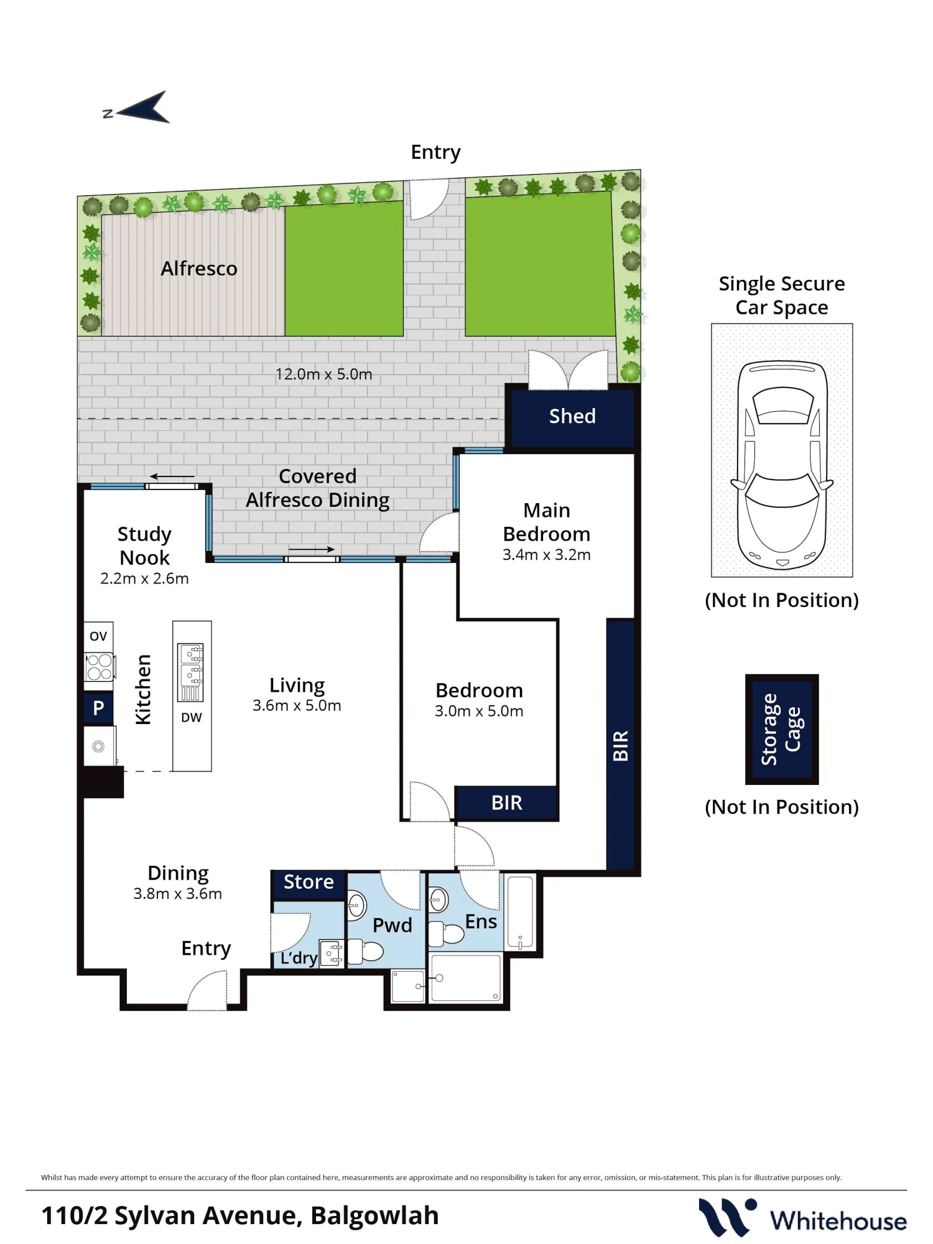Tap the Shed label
pyautogui.click(x=572, y=416)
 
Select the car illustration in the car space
pyautogui.click(x=782, y=465)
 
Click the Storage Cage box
pyautogui.click(x=782, y=729)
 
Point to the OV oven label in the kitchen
pyautogui.click(x=98, y=636)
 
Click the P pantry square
pyautogui.click(x=98, y=708)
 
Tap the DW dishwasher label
pyautogui.click(x=192, y=717)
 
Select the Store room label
pyautogui.click(x=309, y=882)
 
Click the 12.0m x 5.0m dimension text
pyautogui.click(x=323, y=374)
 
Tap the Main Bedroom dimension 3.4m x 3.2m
pyautogui.click(x=547, y=555)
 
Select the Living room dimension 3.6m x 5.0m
pyautogui.click(x=297, y=705)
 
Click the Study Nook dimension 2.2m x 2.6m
pyautogui.click(x=144, y=578)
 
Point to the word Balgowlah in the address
pyautogui.click(x=374, y=1215)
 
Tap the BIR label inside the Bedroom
pyautogui.click(x=507, y=803)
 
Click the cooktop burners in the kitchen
pyautogui.click(x=99, y=667)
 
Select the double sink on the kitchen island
pyautogui.click(x=191, y=664)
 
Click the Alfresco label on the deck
pyautogui.click(x=199, y=268)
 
